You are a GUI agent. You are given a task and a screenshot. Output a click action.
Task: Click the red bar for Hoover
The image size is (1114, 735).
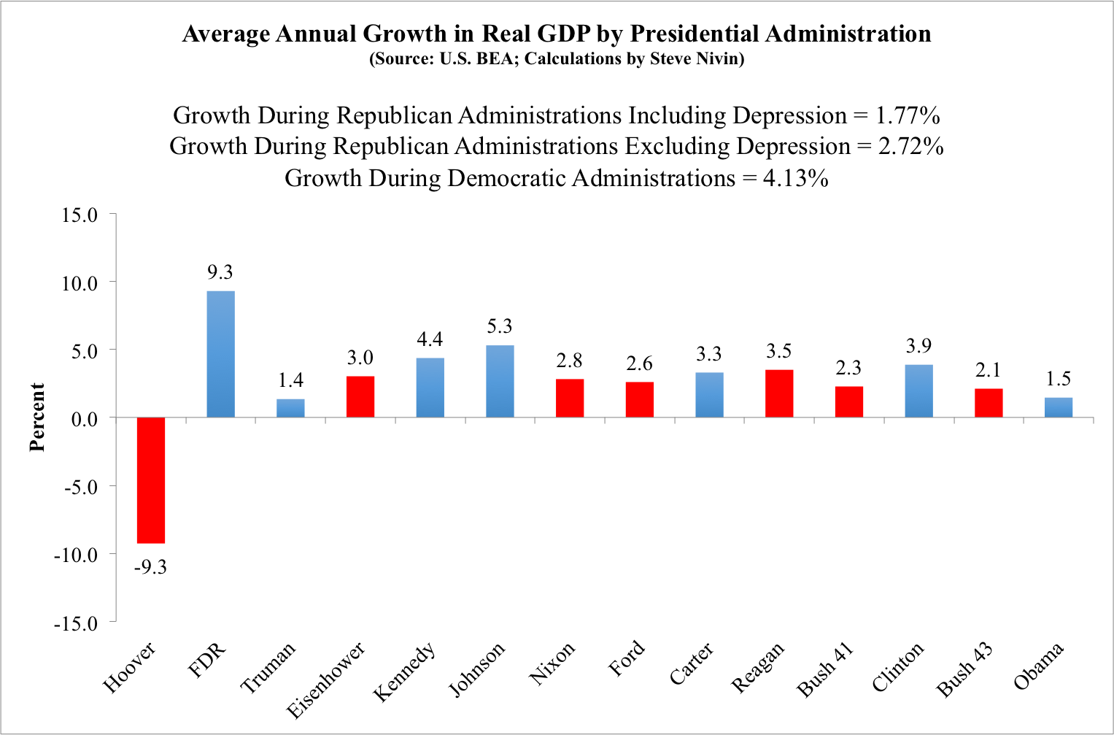[x=151, y=480]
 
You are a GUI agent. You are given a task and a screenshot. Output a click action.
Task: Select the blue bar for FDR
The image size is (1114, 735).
[x=220, y=354]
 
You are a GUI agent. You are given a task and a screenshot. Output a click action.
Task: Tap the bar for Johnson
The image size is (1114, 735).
[x=500, y=381]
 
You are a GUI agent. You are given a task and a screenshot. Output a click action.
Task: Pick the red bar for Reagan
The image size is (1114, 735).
[x=779, y=393]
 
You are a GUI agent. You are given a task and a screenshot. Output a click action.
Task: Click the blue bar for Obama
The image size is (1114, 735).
[x=1058, y=407]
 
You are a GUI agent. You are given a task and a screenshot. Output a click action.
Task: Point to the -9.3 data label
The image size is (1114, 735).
[x=150, y=567]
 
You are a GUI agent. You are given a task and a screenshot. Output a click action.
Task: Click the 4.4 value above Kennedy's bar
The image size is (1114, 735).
[x=430, y=339]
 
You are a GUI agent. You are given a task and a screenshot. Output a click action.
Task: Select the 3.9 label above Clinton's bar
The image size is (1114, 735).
[x=918, y=346]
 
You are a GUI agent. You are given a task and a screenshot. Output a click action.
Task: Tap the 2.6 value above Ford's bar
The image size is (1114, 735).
[x=639, y=363]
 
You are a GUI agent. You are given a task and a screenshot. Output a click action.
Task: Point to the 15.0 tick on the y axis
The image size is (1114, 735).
[x=80, y=215]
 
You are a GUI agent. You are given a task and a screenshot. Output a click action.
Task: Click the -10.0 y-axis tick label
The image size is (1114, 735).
[x=75, y=555]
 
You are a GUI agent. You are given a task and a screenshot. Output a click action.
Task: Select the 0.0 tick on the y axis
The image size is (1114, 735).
[x=84, y=419]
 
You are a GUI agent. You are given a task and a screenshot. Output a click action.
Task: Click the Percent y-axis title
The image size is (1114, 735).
[x=37, y=417]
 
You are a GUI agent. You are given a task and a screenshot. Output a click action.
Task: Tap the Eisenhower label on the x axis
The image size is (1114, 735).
[x=325, y=680]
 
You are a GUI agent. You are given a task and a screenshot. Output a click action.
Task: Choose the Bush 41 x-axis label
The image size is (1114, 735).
[x=825, y=670]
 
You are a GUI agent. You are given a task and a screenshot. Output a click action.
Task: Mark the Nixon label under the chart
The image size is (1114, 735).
[x=552, y=663]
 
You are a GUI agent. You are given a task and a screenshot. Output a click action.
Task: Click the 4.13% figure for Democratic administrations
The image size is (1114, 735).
[x=795, y=178]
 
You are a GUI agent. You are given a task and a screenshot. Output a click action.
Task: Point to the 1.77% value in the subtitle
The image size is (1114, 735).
[x=907, y=115]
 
